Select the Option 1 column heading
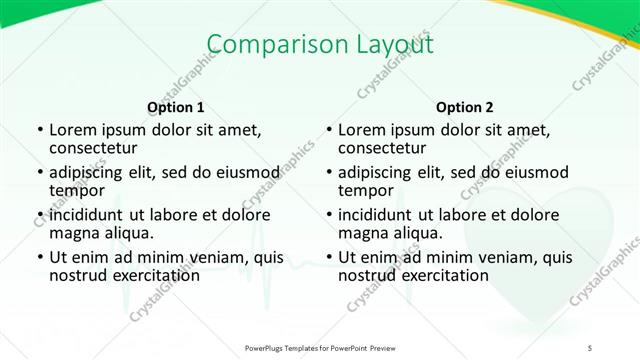coord(176,107)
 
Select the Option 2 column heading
coord(465,107)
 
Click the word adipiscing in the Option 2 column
coord(381,172)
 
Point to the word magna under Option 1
coord(72,232)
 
